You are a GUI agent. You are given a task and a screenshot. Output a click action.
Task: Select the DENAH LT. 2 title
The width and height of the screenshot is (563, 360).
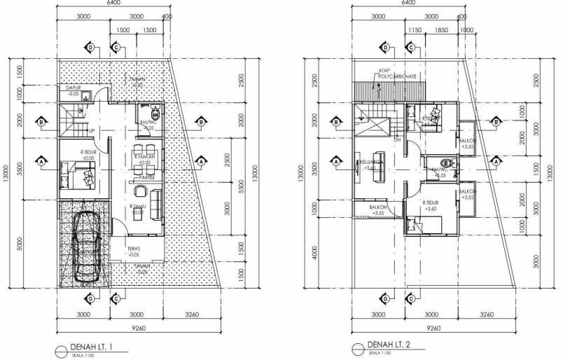[390, 345]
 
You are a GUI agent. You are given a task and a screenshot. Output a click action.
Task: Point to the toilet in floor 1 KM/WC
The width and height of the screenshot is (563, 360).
[155, 112]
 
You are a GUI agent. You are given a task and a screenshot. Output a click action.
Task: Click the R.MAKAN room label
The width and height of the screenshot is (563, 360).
[146, 158]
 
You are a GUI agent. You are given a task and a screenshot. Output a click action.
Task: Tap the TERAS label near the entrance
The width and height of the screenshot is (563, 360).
[136, 249]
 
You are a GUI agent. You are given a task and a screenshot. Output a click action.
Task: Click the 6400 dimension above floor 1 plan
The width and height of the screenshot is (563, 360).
[112, 4]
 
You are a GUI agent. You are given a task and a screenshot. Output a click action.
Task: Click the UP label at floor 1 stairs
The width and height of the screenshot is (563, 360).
[91, 131]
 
